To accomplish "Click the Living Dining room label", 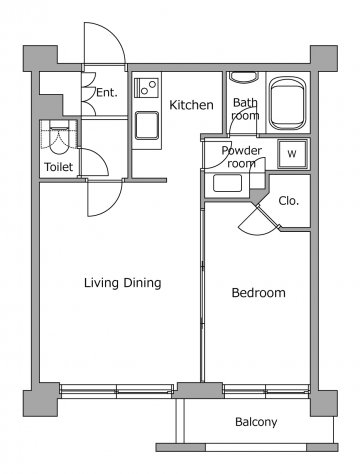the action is pos(122,283).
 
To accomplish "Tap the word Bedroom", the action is pos(258,293).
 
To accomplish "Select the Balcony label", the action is pos(256,422).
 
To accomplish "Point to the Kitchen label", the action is pos(191,105).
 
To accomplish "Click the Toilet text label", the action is pos(59,167).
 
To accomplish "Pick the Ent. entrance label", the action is pos(107,92).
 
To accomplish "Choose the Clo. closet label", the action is pos(289,201).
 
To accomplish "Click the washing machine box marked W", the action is pos(292,154).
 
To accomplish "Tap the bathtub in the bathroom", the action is pos(287,103).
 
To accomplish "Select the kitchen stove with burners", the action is pos(146,88).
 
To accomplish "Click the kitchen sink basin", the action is pos(147,125).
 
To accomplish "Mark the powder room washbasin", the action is pos(227,183).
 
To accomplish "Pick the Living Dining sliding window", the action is pos(116,391).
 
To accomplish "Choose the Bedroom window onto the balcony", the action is pos(266,391).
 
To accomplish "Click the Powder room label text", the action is pos(242,157).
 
